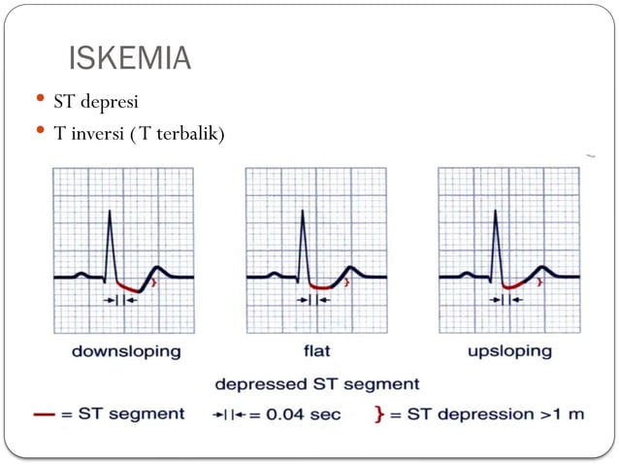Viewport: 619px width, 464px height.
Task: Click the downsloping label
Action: pos(125,350)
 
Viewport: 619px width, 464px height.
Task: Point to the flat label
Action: pos(317,350)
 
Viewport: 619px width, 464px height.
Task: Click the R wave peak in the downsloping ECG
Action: pos(109,213)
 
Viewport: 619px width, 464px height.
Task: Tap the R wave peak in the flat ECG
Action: pos(303,213)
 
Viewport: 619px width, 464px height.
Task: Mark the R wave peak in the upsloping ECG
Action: pos(496,213)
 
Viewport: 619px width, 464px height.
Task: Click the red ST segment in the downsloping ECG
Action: pos(128,287)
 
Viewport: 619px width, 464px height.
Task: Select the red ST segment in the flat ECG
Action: pos(322,287)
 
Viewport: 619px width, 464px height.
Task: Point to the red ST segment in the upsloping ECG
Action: pos(516,285)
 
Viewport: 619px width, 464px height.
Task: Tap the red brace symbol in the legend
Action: pos(379,414)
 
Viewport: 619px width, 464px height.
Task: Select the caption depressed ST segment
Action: pos(317,383)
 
